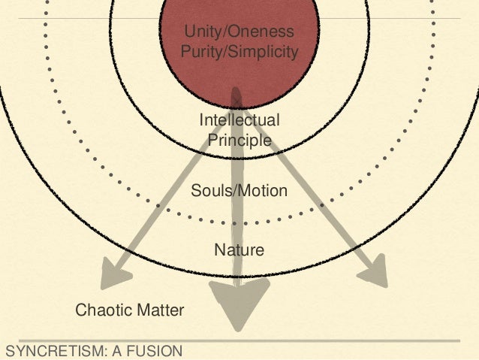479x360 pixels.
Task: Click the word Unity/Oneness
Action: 239,32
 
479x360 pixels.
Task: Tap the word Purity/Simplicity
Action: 239,52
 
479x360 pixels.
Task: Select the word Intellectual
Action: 239,121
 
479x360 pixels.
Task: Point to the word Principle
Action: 239,140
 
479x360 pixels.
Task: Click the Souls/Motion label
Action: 239,191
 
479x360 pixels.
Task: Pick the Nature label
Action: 239,250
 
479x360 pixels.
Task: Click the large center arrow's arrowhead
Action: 238,301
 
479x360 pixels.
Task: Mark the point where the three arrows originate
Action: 237,97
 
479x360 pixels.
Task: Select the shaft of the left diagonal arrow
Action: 173,184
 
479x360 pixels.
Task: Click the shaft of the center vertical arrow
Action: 238,218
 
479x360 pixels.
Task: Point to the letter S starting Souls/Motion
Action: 196,191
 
